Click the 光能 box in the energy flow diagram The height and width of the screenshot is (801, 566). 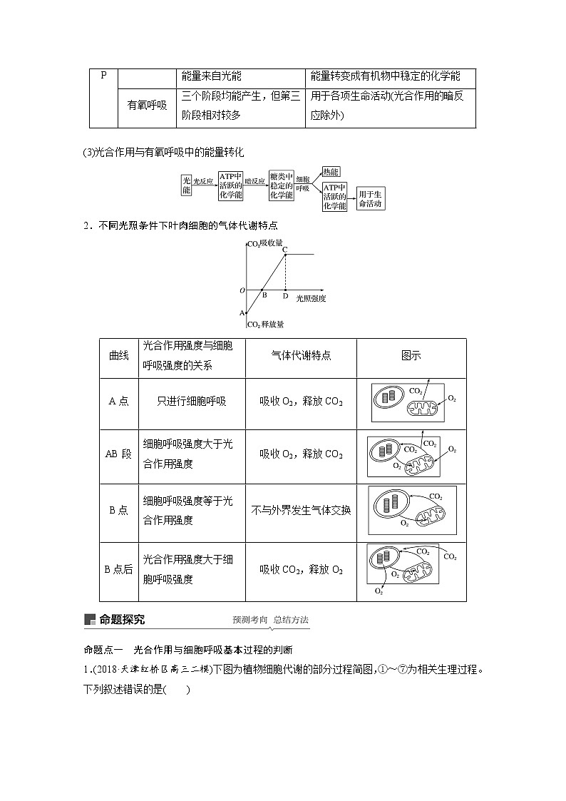(x=186, y=186)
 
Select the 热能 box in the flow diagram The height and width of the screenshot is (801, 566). (x=330, y=172)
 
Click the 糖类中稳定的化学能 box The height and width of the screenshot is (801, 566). (x=282, y=185)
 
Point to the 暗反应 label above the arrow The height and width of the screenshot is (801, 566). (x=255, y=181)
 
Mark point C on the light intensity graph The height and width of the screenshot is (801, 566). (x=285, y=248)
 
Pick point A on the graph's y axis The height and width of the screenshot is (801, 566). (x=242, y=313)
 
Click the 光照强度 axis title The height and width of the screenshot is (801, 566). (x=311, y=298)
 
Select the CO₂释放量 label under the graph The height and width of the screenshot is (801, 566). (x=266, y=325)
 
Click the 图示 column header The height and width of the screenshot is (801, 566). (x=411, y=355)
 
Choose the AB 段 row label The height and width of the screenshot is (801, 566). (x=118, y=454)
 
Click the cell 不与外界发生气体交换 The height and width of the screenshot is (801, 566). (x=301, y=511)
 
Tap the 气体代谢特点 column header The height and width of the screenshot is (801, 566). (x=301, y=355)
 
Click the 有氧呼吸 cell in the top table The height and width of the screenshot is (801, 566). (x=147, y=105)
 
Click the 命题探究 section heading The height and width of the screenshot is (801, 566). (x=122, y=619)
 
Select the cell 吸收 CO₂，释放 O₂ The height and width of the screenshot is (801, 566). (x=301, y=569)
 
